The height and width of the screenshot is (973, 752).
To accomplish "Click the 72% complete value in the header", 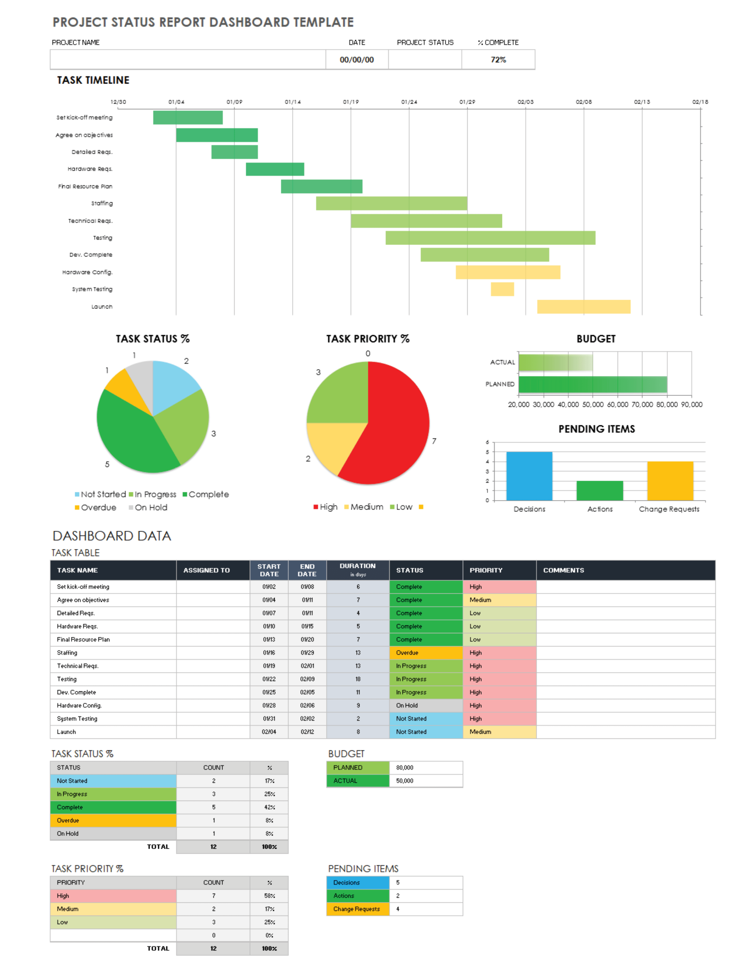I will [x=498, y=60].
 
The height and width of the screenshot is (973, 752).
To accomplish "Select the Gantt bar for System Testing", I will [x=502, y=289].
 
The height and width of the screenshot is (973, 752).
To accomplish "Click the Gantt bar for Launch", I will [x=583, y=306].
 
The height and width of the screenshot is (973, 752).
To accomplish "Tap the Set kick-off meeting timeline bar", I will [x=188, y=117].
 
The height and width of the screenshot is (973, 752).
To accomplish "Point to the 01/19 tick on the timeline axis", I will [x=351, y=102].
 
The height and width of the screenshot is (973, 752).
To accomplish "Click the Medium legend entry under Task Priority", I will [x=364, y=507].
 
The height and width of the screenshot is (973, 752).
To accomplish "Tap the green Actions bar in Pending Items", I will [x=600, y=490].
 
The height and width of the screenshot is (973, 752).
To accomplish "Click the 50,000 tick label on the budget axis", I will [x=592, y=404].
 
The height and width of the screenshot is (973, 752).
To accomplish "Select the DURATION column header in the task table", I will [x=357, y=570].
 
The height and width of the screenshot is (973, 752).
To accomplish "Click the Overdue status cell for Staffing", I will [x=426, y=653].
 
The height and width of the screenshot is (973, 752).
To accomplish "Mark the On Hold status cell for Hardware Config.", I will [x=426, y=706].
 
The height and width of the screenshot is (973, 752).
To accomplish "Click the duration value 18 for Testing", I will [x=358, y=679].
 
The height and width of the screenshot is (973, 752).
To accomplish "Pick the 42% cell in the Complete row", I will [x=269, y=807].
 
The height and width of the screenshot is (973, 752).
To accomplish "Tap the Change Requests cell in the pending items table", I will [x=357, y=909].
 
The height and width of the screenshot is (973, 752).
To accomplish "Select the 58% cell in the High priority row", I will [x=269, y=896].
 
